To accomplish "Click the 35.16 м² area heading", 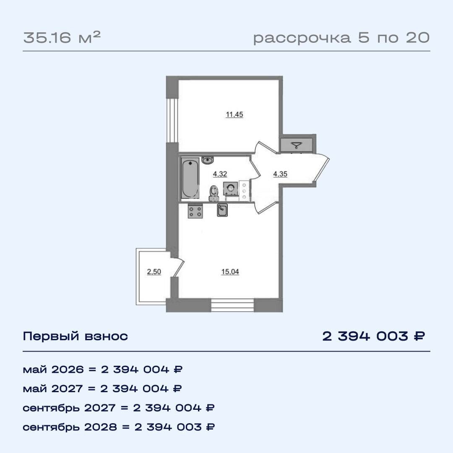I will [x=62, y=38].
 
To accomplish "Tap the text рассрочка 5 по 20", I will [x=341, y=38].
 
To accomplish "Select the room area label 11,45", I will [x=234, y=115].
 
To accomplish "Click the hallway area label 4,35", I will [x=280, y=174].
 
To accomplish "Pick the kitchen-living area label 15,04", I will [x=230, y=272].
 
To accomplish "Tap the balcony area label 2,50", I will [x=153, y=272].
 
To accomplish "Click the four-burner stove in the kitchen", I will [x=195, y=211].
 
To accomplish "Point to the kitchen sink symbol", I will [x=222, y=210].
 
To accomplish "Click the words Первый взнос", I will [x=75, y=336].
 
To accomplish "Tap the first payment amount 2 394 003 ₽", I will [x=374, y=336].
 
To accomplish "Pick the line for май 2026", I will [x=103, y=370].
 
